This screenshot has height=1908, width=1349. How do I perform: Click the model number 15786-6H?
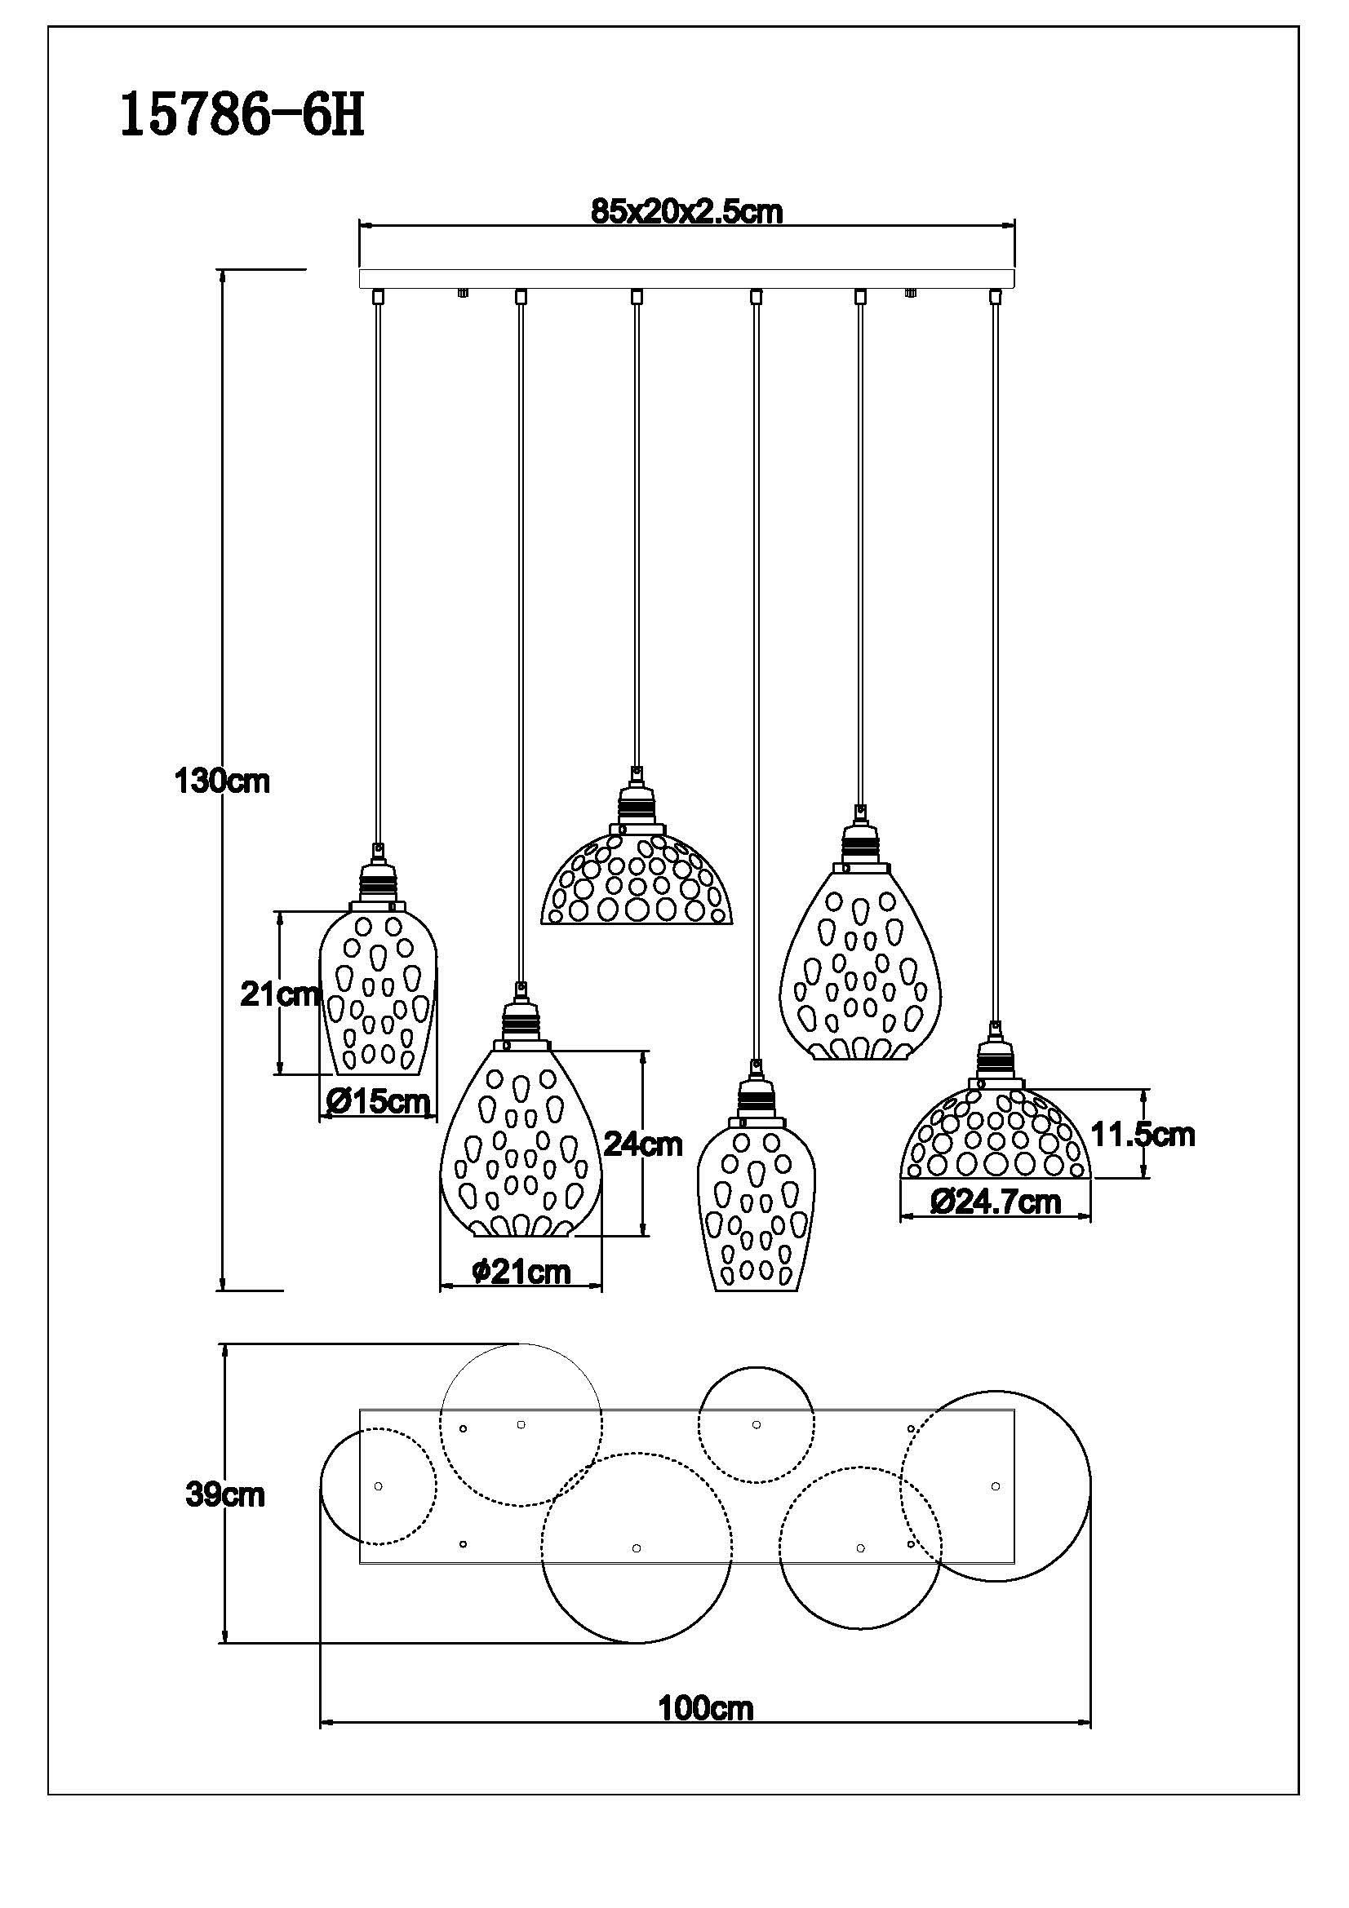point(242,115)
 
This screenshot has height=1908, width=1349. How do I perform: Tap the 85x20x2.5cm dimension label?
point(686,212)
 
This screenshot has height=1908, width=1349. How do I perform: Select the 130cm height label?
point(222,781)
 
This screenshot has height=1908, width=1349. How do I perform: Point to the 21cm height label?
point(280,993)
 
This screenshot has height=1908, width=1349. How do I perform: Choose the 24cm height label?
point(642,1144)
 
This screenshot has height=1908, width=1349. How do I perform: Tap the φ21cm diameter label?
point(521,1272)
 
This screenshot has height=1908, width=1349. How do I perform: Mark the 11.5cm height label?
point(1142,1135)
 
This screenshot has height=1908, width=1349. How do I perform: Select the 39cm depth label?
point(224,1495)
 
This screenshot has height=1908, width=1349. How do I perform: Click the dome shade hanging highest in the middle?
point(637,880)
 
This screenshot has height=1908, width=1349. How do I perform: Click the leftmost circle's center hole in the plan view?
point(379,1485)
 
